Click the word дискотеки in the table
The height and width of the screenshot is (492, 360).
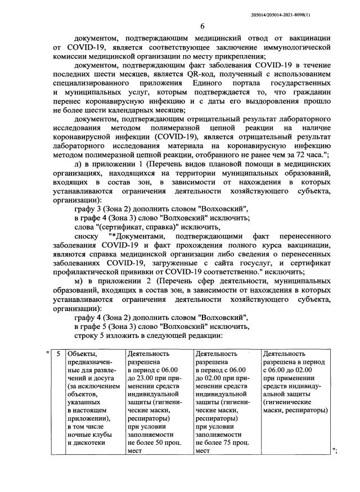(x=85, y=443)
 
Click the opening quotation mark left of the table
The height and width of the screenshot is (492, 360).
(x=47, y=354)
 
